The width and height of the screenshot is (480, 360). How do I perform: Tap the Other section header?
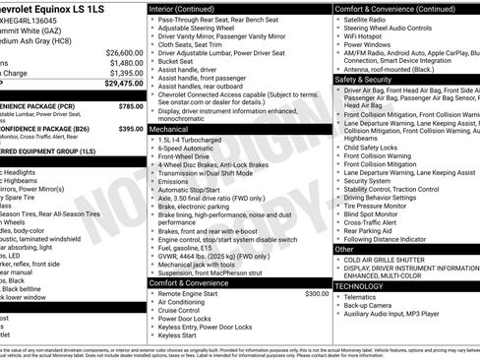pyautogui.click(x=344, y=249)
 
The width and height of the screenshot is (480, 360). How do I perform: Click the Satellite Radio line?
pyautogui.click(x=370, y=19)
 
